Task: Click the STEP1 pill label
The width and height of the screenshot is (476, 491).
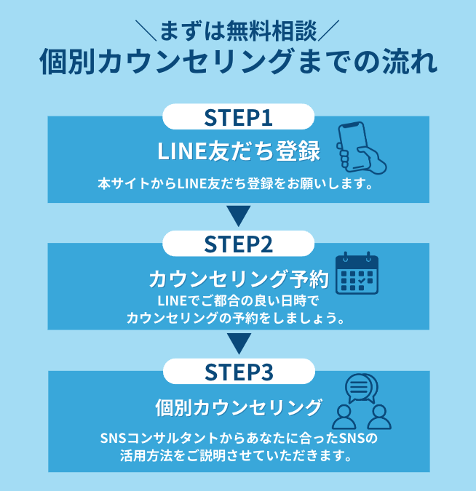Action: pos(238,117)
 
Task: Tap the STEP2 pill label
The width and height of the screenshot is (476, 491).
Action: pos(238,244)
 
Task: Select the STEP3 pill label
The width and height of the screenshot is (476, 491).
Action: pos(238,372)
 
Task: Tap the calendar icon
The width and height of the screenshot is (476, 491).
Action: pos(357,274)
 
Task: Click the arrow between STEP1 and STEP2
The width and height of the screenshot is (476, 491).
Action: pos(238,216)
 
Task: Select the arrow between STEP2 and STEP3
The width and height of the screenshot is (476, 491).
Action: pos(238,343)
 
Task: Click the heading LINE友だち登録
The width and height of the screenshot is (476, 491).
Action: pos(238,152)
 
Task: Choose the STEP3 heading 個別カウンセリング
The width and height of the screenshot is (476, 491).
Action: pos(238,407)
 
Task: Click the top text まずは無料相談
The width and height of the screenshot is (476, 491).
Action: pos(238,31)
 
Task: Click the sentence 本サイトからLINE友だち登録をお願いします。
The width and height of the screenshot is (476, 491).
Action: pos(238,184)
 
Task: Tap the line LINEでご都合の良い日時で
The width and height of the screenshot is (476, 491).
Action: pos(238,301)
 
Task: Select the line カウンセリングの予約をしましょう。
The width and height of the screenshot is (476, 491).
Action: pos(238,318)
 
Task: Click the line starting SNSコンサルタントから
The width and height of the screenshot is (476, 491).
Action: pos(238,440)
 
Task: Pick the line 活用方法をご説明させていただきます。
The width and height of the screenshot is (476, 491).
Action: pos(238,458)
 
